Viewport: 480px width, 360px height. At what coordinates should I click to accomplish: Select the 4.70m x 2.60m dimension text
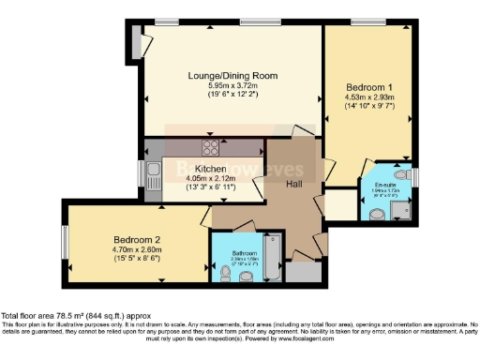point(125,249)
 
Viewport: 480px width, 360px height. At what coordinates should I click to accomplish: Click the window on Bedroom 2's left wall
point(64,241)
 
